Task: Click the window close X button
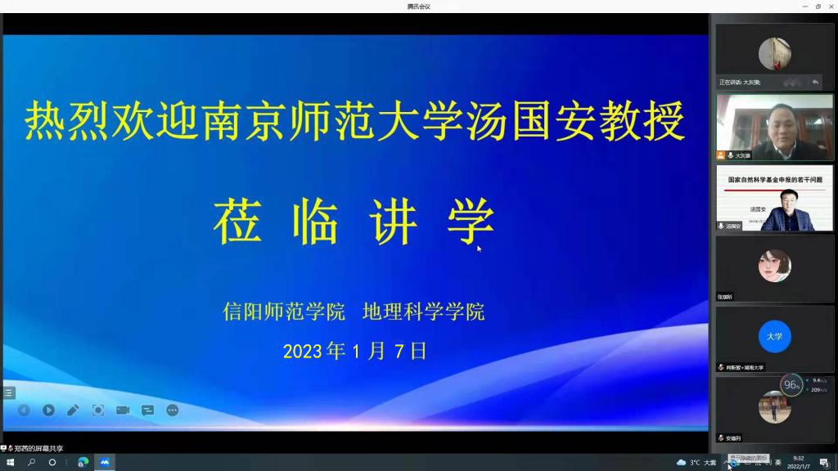[x=831, y=6]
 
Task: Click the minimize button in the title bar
[x=804, y=6]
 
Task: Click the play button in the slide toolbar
[x=48, y=410]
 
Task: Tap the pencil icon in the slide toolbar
[x=73, y=410]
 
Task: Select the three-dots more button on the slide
[x=172, y=410]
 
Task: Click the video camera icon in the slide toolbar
[x=123, y=410]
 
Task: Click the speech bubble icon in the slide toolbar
[x=147, y=410]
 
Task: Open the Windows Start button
[x=10, y=462]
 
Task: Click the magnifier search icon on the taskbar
[x=31, y=462]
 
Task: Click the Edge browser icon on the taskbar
[x=83, y=462]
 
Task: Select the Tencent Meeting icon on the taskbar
[x=105, y=462]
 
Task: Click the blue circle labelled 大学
[x=774, y=336]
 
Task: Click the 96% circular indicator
[x=791, y=384]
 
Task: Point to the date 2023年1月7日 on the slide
[x=355, y=352]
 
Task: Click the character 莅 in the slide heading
[x=237, y=222]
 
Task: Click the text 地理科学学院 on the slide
[x=424, y=312]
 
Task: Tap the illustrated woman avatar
[x=774, y=266]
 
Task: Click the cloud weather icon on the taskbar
[x=681, y=462]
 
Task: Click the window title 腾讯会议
[x=418, y=6]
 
